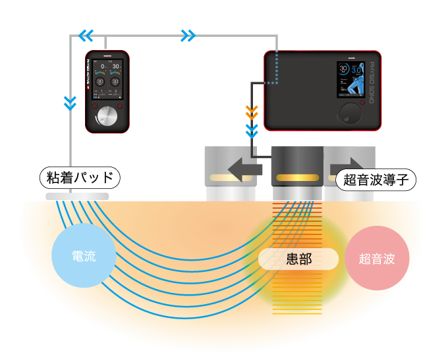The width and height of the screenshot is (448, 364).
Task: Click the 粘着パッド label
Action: click(80, 178)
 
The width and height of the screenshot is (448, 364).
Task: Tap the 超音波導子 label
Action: click(376, 180)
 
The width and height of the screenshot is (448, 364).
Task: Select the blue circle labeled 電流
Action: click(84, 256)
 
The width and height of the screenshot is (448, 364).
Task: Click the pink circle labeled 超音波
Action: click(377, 259)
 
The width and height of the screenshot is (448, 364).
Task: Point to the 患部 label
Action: click(298, 259)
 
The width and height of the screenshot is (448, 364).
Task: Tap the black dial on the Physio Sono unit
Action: click(350, 113)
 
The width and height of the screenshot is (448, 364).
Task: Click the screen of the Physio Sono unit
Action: click(350, 80)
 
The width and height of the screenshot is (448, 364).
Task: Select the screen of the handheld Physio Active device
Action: click(107, 79)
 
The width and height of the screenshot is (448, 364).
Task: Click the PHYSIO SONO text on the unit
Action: click(372, 82)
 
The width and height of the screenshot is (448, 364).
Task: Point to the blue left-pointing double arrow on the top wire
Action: click(86, 36)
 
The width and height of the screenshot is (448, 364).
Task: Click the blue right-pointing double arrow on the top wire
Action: click(188, 36)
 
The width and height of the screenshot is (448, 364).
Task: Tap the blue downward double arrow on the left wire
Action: click(70, 103)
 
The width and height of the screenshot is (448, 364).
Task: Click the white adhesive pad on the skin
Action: click(77, 196)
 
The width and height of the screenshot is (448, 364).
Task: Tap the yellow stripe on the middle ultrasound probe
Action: click(297, 178)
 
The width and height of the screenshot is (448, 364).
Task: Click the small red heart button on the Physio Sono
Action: click(362, 102)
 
